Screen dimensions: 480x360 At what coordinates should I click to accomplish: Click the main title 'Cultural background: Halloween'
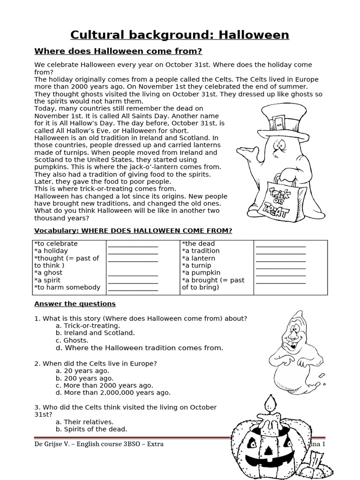point(180,35)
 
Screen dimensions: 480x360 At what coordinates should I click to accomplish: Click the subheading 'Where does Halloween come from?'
point(118,51)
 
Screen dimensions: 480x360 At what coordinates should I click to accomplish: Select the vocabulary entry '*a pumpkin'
point(201,273)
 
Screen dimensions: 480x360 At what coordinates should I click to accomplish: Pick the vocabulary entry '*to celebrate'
point(56,244)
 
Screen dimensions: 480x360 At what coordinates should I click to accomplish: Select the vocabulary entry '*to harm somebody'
point(67,287)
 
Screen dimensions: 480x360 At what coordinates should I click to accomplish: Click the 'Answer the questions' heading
point(75,304)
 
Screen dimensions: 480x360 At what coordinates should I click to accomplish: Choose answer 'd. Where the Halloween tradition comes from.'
point(139,348)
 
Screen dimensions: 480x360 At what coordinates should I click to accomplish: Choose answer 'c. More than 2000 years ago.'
point(104,385)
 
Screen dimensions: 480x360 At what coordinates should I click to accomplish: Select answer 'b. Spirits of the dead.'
point(91,429)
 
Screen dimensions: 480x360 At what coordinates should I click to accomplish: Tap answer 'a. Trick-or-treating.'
point(88,325)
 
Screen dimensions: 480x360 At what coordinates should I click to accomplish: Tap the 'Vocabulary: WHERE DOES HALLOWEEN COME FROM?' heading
point(133,231)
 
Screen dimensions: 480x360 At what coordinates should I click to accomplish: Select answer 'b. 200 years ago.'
point(84,378)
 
